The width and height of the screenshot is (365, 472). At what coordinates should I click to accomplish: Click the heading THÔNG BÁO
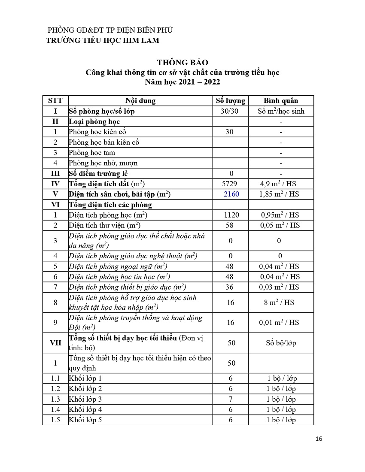pyautogui.click(x=182, y=63)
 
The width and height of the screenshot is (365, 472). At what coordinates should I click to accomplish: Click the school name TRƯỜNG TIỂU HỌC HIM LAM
pyautogui.click(x=103, y=40)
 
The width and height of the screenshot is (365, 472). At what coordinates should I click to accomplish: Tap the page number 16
pyautogui.click(x=319, y=439)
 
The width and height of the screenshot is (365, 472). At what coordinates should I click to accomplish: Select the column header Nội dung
pyautogui.click(x=141, y=101)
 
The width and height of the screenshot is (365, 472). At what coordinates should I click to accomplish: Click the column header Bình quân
pyautogui.click(x=281, y=101)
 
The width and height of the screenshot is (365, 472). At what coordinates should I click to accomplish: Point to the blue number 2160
pyautogui.click(x=231, y=194)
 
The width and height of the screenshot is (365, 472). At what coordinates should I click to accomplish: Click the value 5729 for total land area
pyautogui.click(x=230, y=184)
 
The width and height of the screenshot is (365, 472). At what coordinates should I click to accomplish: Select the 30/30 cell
pyautogui.click(x=230, y=111)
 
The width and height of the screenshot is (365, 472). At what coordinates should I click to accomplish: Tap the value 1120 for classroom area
pyautogui.click(x=231, y=215)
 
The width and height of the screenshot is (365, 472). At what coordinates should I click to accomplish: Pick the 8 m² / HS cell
pyautogui.click(x=279, y=303)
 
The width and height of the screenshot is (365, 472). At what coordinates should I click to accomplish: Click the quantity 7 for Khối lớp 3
pyautogui.click(x=231, y=399)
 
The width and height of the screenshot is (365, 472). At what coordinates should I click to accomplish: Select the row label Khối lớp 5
pyautogui.click(x=85, y=420)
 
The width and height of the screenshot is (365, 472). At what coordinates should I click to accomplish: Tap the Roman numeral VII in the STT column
pyautogui.click(x=55, y=342)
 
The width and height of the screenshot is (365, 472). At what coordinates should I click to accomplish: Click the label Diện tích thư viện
pyautogui.click(x=105, y=225)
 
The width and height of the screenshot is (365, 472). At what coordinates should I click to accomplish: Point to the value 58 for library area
pyautogui.click(x=230, y=225)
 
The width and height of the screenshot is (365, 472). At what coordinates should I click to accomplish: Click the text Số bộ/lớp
pyautogui.click(x=281, y=343)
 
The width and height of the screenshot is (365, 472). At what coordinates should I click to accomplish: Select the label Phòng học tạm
pyautogui.click(x=92, y=153)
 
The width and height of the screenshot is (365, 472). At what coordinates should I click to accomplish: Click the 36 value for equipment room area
pyautogui.click(x=230, y=287)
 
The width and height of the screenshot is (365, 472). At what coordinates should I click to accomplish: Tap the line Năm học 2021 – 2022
pyautogui.click(x=182, y=82)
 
